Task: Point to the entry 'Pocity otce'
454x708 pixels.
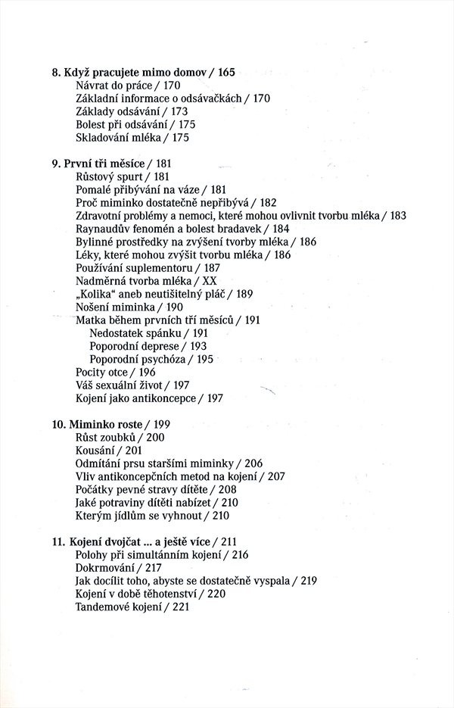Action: (104, 372)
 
